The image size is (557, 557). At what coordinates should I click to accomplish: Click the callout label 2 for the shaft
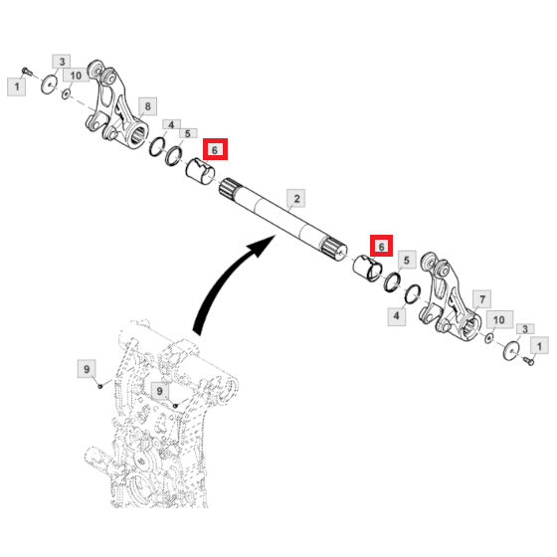click(x=296, y=199)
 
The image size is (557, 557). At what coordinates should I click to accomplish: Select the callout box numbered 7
click(x=482, y=299)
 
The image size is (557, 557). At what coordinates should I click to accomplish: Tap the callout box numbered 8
click(x=148, y=105)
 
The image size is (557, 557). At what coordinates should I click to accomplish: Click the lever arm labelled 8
click(x=117, y=106)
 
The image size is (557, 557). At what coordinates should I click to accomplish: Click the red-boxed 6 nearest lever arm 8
click(x=215, y=149)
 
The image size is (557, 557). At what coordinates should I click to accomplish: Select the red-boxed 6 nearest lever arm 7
click(x=381, y=246)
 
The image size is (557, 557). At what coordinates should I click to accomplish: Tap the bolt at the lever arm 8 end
click(x=27, y=72)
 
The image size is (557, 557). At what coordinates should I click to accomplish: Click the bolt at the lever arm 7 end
click(x=529, y=361)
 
